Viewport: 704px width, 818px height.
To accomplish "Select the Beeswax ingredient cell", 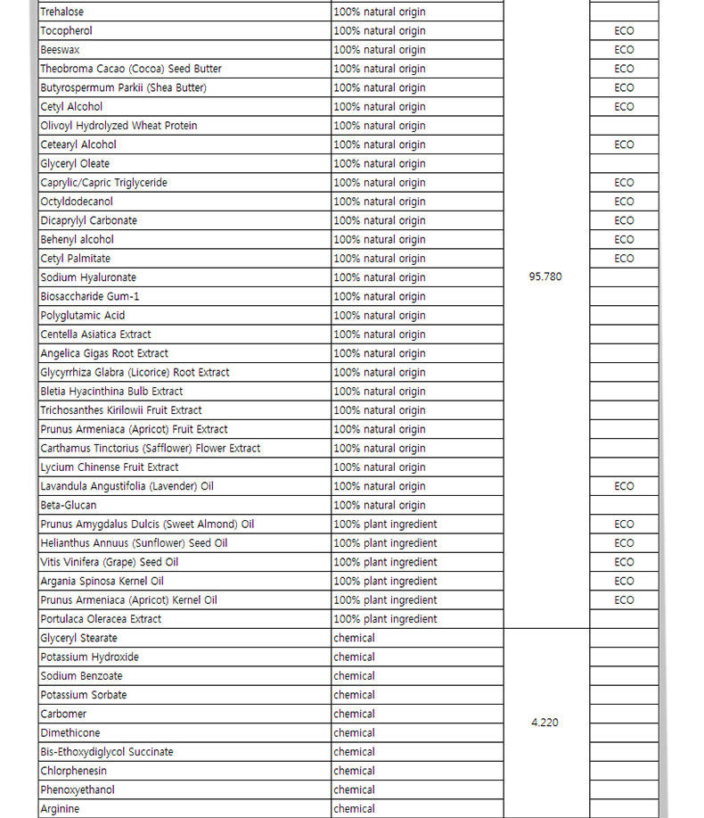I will tap(60, 50).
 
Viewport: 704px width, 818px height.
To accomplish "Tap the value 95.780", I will tap(545, 277).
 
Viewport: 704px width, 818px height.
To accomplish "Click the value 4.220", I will tap(544, 723).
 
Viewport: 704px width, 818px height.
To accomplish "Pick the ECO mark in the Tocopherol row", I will tap(624, 30).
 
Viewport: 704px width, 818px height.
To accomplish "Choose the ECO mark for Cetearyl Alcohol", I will tap(624, 145).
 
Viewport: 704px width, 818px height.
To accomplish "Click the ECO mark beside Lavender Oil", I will tap(624, 486).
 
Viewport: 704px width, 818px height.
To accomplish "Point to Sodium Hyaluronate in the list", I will tap(88, 277).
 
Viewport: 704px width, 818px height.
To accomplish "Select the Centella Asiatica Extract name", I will tap(95, 335).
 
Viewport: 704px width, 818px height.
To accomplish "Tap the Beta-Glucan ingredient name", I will tap(69, 505).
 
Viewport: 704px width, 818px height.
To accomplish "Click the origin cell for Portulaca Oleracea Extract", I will tap(385, 619).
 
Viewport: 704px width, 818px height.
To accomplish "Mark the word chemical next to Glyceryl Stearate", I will tap(354, 638).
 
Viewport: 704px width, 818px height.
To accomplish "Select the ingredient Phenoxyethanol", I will tap(78, 789).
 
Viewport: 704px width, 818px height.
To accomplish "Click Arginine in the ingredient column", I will tap(60, 809).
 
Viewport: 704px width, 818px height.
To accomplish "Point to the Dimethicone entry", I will tap(70, 732).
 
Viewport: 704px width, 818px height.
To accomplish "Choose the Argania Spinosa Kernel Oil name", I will tap(102, 581).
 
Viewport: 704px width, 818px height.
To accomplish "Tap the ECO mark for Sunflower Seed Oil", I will tap(624, 543).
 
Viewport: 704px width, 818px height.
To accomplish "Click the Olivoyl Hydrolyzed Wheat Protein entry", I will tap(119, 126).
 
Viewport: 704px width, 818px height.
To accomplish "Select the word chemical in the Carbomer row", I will tap(354, 714).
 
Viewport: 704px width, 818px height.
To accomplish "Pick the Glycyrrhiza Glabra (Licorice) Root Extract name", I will tap(135, 372).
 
